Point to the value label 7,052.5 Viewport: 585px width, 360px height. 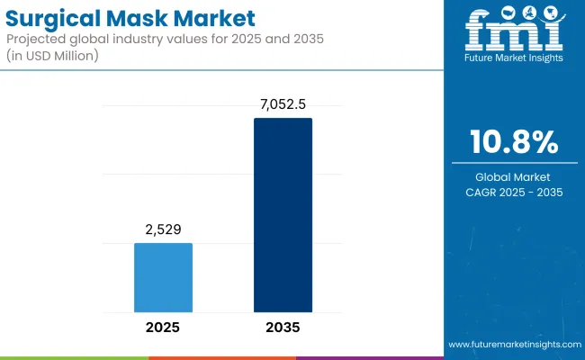[283, 105]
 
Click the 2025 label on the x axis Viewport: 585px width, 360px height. [163, 327]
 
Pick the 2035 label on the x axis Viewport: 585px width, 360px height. [283, 327]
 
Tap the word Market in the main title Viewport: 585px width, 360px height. [219, 17]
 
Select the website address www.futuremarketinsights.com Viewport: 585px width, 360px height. [514, 345]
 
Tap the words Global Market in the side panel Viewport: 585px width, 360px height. [514, 176]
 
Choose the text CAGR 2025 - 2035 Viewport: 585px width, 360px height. [514, 192]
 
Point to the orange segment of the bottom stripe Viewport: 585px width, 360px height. [221, 357]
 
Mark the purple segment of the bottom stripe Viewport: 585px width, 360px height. [369, 357]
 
